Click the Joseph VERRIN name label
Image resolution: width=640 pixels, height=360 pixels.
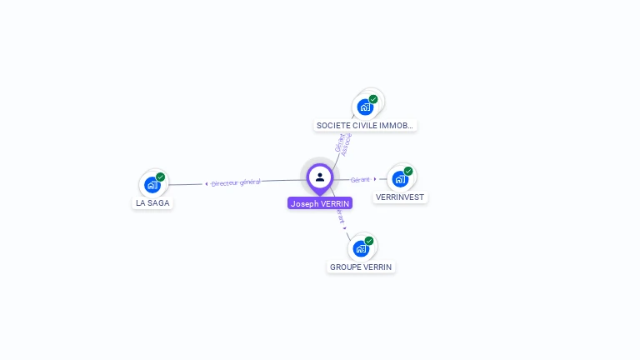pyautogui.click(x=320, y=203)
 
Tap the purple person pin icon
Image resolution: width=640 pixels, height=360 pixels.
pyautogui.click(x=320, y=177)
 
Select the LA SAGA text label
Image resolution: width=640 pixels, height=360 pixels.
pyautogui.click(x=152, y=202)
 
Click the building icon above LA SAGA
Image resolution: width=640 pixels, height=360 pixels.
pyautogui.click(x=152, y=184)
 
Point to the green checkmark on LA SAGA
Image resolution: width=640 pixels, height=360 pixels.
pyautogui.click(x=160, y=177)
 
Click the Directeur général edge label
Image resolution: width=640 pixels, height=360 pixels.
pyautogui.click(x=235, y=182)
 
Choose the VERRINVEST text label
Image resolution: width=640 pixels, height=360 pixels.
pyautogui.click(x=400, y=197)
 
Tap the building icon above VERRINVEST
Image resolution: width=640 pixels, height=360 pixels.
pyautogui.click(x=400, y=179)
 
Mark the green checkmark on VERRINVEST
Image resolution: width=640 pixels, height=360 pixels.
pyautogui.click(x=408, y=171)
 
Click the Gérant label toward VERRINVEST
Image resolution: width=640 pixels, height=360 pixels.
pyautogui.click(x=360, y=179)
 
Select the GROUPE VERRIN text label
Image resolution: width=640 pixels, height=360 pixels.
pyautogui.click(x=361, y=267)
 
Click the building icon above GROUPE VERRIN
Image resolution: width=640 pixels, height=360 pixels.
pyautogui.click(x=361, y=248)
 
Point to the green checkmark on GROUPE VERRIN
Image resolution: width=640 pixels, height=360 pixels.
pyautogui.click(x=369, y=241)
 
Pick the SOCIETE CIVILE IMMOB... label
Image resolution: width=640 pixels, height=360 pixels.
pyautogui.click(x=364, y=126)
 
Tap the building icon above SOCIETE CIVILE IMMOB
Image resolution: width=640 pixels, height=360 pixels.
pyautogui.click(x=365, y=107)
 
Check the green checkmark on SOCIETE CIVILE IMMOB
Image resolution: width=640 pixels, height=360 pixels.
pyautogui.click(x=373, y=99)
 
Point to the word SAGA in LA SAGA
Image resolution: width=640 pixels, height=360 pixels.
pyautogui.click(x=158, y=202)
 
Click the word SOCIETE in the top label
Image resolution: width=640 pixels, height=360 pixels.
pyautogui.click(x=332, y=126)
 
